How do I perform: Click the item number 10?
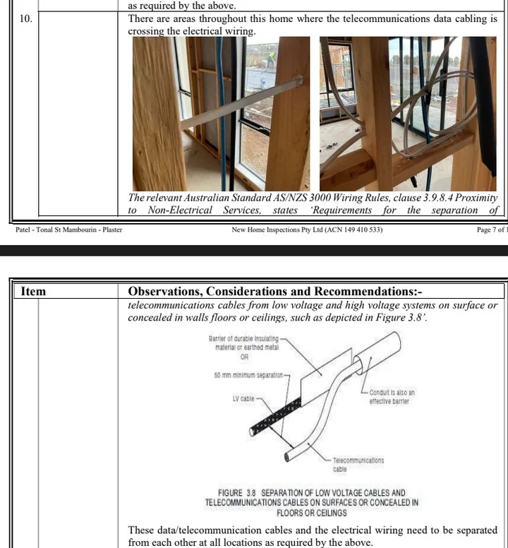26,18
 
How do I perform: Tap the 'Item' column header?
33,291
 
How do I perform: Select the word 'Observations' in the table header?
166,292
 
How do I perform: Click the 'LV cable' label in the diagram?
243,399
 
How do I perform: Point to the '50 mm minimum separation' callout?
248,376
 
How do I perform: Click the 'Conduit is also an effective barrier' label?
392,397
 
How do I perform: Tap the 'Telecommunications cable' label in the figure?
358,465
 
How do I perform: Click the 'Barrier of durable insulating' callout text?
243,339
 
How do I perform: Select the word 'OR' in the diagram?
244,357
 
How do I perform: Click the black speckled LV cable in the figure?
275,417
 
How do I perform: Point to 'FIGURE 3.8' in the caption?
237,493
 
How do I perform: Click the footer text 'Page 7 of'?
490,230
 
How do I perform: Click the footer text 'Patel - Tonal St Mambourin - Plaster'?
68,230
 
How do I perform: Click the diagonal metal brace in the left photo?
241,103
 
